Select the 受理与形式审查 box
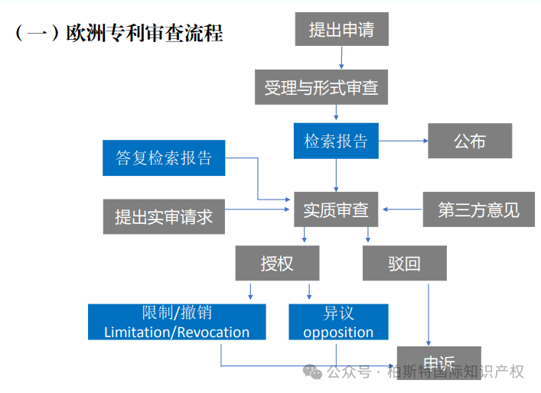(321, 88)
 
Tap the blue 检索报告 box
(336, 141)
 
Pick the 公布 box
(469, 141)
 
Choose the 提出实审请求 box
(164, 216)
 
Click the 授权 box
(277, 264)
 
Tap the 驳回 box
(404, 264)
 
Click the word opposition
(338, 333)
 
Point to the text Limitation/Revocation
(177, 333)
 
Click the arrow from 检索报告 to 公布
(402, 141)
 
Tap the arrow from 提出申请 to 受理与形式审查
(341, 57)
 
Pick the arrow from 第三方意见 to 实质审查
(402, 208)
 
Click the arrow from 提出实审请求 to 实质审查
(257, 209)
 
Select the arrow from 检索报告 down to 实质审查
(336, 174)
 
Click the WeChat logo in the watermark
(311, 372)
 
